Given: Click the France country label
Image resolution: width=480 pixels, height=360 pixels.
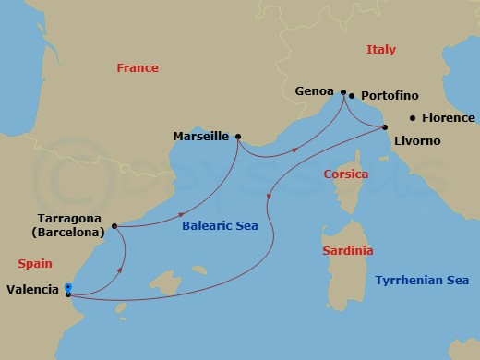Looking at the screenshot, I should click(x=137, y=67).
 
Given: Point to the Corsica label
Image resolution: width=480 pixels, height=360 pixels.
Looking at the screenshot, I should click(x=346, y=174).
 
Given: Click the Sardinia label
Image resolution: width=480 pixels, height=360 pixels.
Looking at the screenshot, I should click(x=348, y=250).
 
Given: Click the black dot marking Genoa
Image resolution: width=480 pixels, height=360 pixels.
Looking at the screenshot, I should click(x=343, y=92).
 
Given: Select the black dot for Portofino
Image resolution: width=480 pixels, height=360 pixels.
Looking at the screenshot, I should click(x=353, y=96).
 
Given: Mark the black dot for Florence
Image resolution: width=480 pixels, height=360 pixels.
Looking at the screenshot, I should click(x=413, y=117).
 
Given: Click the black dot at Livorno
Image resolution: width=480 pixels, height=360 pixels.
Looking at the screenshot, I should click(x=386, y=127).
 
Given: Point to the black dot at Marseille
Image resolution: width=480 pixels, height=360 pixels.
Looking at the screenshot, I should click(x=238, y=137).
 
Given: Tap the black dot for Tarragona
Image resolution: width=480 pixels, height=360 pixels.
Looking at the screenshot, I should click(x=113, y=225).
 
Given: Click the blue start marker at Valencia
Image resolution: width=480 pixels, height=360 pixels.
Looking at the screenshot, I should click(x=68, y=287).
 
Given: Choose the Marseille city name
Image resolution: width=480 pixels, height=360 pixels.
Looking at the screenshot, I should click(x=201, y=137).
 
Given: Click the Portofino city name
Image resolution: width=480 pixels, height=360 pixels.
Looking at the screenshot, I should click(x=389, y=96).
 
